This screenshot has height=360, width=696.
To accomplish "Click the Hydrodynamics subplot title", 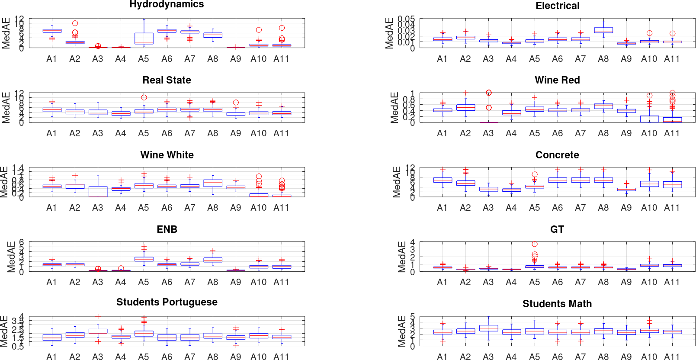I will (x=167, y=5).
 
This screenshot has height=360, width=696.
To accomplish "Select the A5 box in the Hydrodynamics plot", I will (x=144, y=39).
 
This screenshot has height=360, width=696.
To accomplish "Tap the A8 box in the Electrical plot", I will (x=603, y=30).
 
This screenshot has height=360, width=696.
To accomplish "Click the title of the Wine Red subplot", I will (x=557, y=80).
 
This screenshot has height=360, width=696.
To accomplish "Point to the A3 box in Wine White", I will (x=98, y=191).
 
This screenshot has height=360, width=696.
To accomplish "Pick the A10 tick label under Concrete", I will (x=649, y=208).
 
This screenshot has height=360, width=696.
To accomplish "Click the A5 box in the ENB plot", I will (x=144, y=259).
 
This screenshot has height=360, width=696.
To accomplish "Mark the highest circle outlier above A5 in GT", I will (x=535, y=244).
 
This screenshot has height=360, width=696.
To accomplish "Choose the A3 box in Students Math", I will (x=488, y=328).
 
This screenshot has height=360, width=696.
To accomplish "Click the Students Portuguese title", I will (x=167, y=302).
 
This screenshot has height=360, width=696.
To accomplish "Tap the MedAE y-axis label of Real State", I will (x=6, y=107).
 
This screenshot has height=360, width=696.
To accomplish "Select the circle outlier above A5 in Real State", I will (x=144, y=97).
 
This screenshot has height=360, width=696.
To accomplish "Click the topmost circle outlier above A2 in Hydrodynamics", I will (x=75, y=23).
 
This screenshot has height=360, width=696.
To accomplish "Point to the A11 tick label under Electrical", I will (x=672, y=59).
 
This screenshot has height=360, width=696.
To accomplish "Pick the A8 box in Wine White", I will (x=213, y=183).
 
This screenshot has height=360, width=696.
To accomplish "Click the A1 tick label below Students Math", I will (x=442, y=357).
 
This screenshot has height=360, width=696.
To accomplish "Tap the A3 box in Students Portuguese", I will (x=98, y=331).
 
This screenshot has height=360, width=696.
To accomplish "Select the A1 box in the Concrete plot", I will (x=443, y=180).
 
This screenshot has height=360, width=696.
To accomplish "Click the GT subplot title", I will (x=557, y=229).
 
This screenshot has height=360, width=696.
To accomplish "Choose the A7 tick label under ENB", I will (x=189, y=282).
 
